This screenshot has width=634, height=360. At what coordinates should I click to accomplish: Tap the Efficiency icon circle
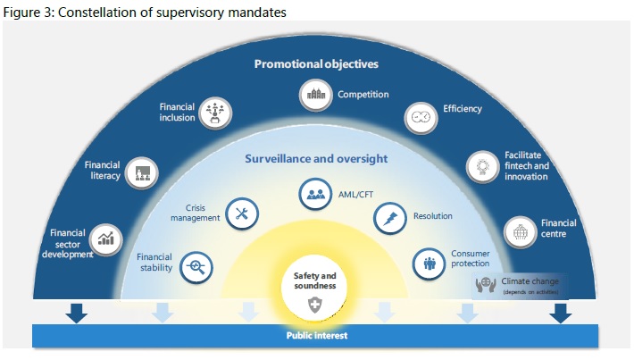point(420,116)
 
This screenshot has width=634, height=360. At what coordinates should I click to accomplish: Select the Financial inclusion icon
point(214,111)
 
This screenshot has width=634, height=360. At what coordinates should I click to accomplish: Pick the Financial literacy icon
point(141,172)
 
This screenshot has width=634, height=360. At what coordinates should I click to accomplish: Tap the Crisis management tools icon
point(241,213)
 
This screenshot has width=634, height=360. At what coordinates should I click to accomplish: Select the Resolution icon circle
point(390,215)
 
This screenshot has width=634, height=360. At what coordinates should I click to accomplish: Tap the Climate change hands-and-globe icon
point(487,285)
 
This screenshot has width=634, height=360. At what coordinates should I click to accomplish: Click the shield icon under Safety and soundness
point(314,306)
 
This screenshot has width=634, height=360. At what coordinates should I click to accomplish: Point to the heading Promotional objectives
point(316,64)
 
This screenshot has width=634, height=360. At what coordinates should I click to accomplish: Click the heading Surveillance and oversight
point(316,159)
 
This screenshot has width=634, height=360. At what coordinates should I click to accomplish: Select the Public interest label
point(315,336)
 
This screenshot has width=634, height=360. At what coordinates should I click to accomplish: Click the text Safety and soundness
point(314,280)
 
